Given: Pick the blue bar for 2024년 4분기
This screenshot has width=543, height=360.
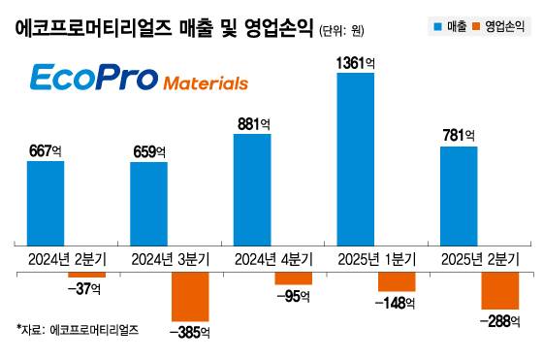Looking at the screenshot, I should point(252,188).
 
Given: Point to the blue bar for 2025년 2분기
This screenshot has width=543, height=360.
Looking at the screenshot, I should point(459,194).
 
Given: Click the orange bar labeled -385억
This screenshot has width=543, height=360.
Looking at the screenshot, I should point(190,297).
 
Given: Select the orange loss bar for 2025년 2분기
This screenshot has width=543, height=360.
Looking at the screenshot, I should point(500,291).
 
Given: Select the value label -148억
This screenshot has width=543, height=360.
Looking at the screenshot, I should point(397,304).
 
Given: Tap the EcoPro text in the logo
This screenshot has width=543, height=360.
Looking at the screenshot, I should point(89,79).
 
